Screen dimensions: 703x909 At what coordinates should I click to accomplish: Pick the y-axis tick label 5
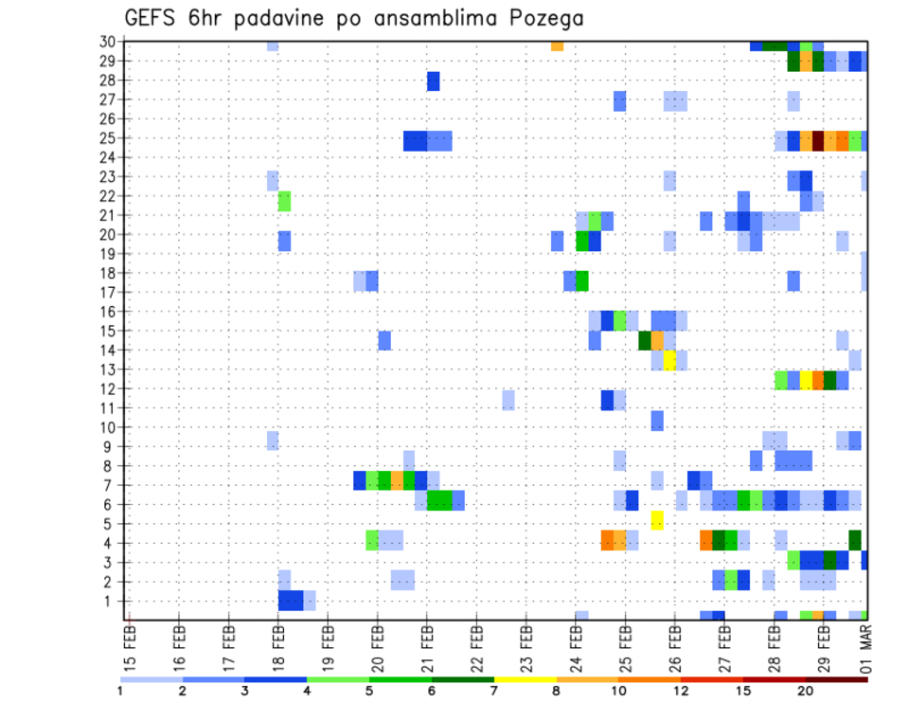tap(110, 523)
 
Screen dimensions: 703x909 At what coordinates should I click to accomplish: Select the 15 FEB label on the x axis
tap(131, 646)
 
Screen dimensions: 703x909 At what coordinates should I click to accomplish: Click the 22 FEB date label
tap(477, 646)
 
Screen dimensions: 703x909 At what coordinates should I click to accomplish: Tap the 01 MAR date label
tap(866, 646)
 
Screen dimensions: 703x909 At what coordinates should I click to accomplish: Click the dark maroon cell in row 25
tap(818, 140)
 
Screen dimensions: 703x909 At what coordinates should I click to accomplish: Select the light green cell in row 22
tap(284, 201)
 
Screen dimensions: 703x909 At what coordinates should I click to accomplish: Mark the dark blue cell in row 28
tap(433, 81)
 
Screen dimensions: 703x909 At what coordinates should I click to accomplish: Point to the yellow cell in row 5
tap(657, 520)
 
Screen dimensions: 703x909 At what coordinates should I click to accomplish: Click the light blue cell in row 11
tap(508, 400)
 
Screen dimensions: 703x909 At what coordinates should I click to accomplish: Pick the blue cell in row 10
tap(657, 420)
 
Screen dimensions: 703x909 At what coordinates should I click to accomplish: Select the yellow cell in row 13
tap(669, 360)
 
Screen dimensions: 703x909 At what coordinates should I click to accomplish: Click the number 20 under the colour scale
tap(805, 690)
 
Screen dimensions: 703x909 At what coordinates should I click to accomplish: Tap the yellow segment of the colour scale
tap(525, 679)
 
